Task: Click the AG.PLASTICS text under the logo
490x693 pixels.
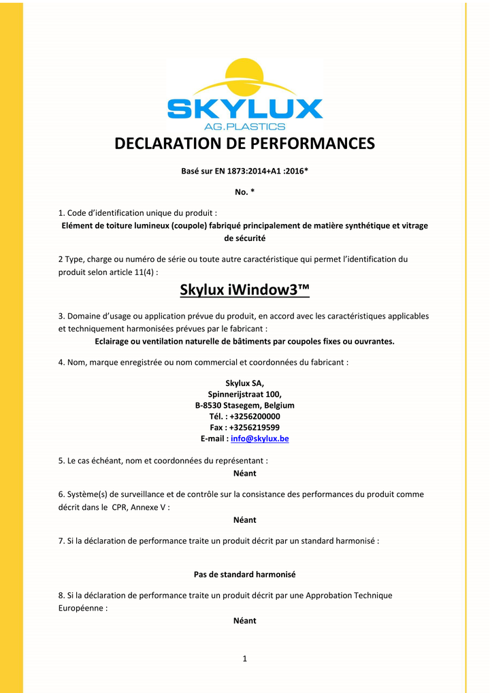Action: tap(244, 127)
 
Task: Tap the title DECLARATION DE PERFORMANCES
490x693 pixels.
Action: tap(244, 144)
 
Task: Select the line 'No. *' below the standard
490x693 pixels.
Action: tap(244, 192)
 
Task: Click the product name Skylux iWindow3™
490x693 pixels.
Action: tap(244, 290)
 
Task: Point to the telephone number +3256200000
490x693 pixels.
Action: tap(255, 416)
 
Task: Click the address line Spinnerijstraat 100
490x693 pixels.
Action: tap(244, 394)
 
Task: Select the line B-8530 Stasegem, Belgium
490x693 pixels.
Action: tap(244, 405)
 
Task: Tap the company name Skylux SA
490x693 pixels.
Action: tap(244, 383)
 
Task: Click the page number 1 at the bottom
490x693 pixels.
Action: tap(244, 658)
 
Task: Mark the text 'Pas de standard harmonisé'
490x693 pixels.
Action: tap(244, 575)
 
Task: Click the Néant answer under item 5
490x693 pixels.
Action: tap(244, 473)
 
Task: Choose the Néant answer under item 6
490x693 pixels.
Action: tap(244, 520)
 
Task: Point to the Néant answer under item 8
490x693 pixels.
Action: tap(244, 621)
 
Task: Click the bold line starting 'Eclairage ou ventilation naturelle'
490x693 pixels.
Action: tap(244, 342)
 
